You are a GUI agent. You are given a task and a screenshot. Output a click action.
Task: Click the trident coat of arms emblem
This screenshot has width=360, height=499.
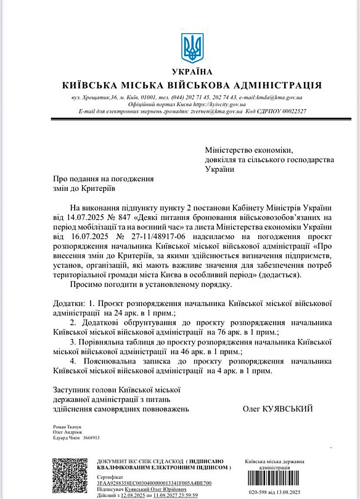click(192, 48)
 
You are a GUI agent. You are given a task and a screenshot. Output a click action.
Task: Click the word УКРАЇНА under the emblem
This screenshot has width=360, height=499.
click(192, 72)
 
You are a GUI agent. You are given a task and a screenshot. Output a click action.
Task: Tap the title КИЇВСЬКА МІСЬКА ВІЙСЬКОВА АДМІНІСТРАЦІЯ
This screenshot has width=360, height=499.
click(192, 85)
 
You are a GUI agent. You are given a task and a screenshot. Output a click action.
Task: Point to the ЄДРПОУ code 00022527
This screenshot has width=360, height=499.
click(290, 111)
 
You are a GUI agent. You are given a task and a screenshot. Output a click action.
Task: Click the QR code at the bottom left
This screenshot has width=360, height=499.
click(69, 476)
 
